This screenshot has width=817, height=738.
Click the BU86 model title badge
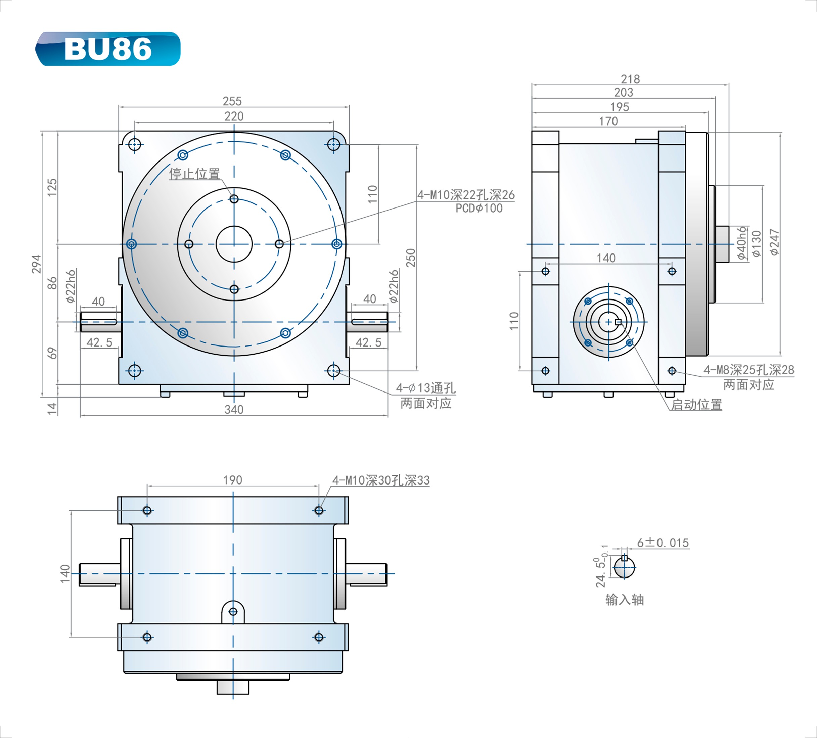coord(108,49)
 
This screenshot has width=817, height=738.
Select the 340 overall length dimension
coord(234,409)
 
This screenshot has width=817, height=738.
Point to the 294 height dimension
coord(37,264)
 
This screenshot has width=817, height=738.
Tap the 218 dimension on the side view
coord(630,79)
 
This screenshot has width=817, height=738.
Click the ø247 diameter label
coord(774,242)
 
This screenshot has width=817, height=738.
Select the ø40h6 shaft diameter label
coord(742,243)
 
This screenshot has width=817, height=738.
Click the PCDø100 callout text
coord(479,208)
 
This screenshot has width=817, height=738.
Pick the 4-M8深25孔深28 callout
coord(748,370)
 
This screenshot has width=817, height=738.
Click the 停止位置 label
coord(194,174)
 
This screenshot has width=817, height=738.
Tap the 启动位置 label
coord(696,405)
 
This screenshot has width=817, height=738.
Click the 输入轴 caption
coord(625,600)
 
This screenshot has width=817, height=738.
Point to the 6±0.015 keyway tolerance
coord(663,543)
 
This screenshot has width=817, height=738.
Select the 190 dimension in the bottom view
coord(233,480)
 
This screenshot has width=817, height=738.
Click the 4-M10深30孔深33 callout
coord(381,480)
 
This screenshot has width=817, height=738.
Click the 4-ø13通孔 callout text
coord(425,388)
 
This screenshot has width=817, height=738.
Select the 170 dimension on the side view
coord(608,121)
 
